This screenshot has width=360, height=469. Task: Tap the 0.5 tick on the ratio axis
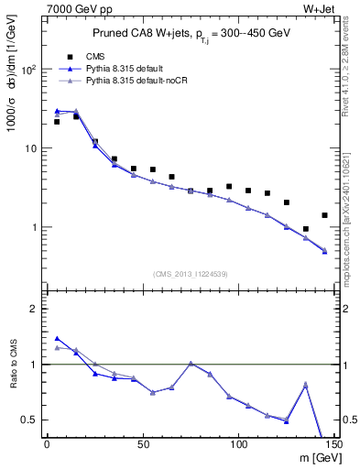click(34, 420)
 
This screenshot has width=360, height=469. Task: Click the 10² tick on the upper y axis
click(31, 70)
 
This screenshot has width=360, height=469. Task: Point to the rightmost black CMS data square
click(324, 215)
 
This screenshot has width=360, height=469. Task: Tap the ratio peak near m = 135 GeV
click(306, 385)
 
